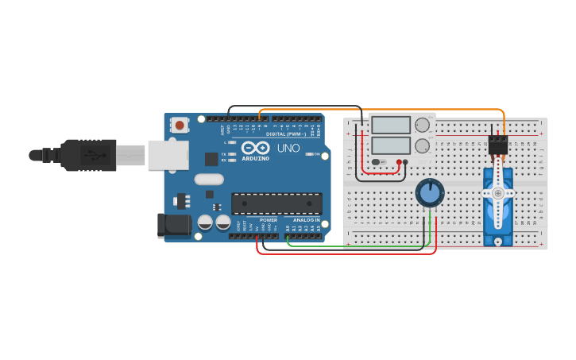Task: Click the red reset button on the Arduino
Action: click(180, 125)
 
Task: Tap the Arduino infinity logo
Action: click(256, 148)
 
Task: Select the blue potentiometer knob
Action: click(429, 192)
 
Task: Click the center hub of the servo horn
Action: click(498, 192)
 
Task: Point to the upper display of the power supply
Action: click(391, 125)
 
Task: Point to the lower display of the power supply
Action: click(391, 145)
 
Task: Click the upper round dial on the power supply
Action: click(423, 125)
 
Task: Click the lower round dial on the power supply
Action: click(423, 146)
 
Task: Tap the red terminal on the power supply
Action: click(399, 162)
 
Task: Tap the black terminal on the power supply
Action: click(405, 162)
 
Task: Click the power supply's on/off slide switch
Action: click(378, 162)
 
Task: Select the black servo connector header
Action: click(498, 145)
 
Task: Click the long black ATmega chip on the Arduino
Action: click(276, 203)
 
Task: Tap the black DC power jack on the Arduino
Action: click(175, 226)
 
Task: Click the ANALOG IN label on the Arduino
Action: click(306, 220)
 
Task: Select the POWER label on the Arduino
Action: click(269, 220)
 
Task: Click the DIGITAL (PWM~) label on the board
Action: click(287, 134)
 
